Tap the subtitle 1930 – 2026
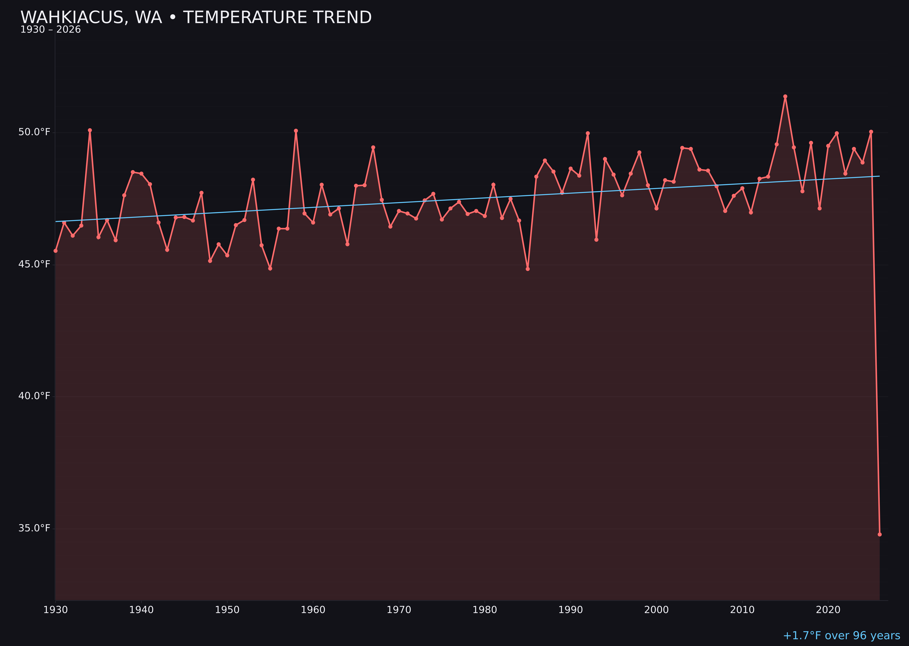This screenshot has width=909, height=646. click(50, 30)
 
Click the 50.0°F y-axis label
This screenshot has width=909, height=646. click(34, 132)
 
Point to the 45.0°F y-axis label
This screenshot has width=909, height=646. click(34, 264)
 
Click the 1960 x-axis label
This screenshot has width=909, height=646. click(313, 610)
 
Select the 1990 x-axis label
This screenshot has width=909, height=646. click(570, 610)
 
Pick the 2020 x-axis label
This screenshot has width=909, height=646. click(828, 610)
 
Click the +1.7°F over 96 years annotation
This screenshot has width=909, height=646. click(841, 636)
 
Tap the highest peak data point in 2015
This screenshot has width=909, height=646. click(785, 96)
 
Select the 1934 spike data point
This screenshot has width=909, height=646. click(90, 130)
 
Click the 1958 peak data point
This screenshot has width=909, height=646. click(296, 130)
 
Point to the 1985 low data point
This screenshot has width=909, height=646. click(528, 269)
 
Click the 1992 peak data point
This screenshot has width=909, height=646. click(588, 133)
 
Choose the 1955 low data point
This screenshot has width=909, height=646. click(270, 268)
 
